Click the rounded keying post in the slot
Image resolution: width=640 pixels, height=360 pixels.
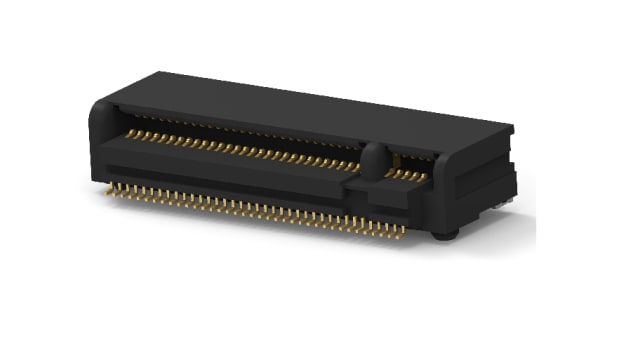pos(374,160)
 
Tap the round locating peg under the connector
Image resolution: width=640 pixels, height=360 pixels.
pos(445,235)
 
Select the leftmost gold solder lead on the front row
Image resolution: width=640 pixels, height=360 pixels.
pos(111,187)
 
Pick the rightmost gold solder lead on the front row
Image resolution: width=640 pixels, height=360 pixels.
pos(403,232)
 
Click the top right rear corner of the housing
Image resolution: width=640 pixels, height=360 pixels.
pos(511,128)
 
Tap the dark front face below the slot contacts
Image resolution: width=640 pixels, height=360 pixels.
pos(230,180)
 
